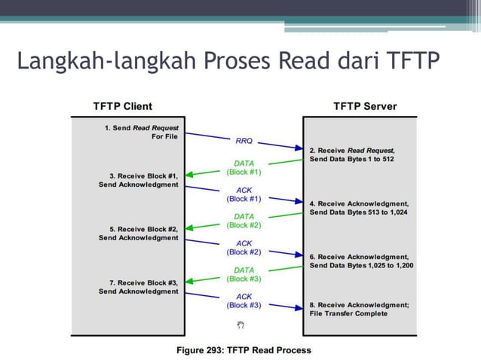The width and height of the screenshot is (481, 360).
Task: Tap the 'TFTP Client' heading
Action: coord(122,106)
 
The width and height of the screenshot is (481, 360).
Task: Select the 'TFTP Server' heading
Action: coord(365,106)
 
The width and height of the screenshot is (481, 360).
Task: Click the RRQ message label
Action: coord(244,139)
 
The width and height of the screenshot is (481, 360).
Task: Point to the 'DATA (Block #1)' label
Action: coord(244,167)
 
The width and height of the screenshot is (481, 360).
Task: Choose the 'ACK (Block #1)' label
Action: coord(244,194)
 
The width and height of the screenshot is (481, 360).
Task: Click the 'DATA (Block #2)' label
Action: coord(244,221)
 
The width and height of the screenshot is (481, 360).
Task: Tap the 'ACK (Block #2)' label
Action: coord(244,248)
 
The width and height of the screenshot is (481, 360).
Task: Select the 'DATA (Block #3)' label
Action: coord(244,274)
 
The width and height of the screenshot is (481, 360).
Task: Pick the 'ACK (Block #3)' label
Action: coord(244,301)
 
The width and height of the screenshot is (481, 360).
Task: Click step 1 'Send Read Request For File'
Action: coord(141,133)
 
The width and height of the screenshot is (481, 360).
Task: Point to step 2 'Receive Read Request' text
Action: coord(351,154)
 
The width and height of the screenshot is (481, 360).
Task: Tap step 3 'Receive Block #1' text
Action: coord(139,180)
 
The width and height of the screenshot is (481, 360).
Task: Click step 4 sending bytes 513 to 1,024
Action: coord(359,208)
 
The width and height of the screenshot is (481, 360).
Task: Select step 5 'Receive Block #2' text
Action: coord(139,233)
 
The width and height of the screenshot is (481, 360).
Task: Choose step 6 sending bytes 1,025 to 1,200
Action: coord(360,261)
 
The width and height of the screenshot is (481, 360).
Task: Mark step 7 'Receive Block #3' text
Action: coord(139,287)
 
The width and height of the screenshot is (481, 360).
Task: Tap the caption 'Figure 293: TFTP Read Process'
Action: coord(244,349)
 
